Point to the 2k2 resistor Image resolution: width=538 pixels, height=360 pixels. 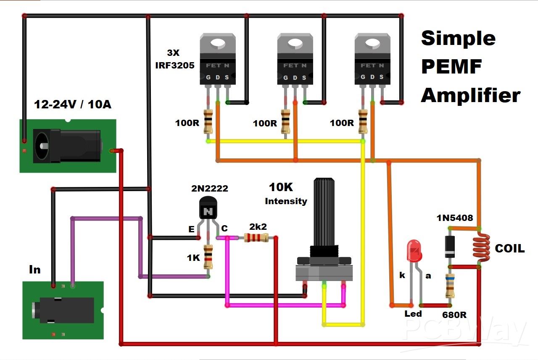pyautogui.click(x=256, y=238)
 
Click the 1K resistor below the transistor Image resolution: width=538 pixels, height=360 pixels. pyautogui.click(x=208, y=257)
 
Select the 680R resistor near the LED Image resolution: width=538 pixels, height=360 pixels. pyautogui.click(x=450, y=286)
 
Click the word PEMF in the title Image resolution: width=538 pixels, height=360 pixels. pyautogui.click(x=451, y=66)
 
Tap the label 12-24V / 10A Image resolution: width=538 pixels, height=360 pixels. pyautogui.click(x=73, y=105)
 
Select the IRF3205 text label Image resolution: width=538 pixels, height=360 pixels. pyautogui.click(x=181, y=66)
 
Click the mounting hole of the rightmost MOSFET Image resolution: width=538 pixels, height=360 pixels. pyautogui.click(x=372, y=42)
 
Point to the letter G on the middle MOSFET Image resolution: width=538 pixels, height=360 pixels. pyautogui.click(x=286, y=77)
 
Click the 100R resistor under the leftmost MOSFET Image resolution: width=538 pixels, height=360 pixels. pyautogui.click(x=208, y=121)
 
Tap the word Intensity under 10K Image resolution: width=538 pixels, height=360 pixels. pyautogui.click(x=286, y=201)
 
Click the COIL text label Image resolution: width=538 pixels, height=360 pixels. pyautogui.click(x=509, y=249)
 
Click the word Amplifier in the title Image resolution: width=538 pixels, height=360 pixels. pyautogui.click(x=470, y=95)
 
